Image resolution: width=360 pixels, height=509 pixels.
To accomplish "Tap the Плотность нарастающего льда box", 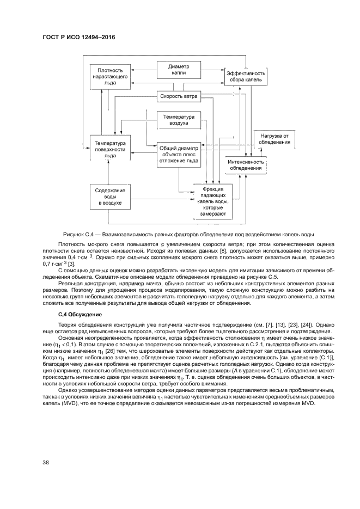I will coord(111,77).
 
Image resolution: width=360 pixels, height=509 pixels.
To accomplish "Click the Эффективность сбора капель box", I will coord(246,77).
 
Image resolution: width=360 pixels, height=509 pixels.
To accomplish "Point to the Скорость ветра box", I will coord(178,97).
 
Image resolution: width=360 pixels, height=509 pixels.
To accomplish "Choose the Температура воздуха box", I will coord(178,120).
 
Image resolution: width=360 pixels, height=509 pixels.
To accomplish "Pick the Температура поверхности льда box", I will coord(111,148).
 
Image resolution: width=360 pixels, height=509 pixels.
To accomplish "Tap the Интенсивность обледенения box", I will coord(246,165).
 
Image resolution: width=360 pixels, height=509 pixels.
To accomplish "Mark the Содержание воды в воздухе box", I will coord(111,197).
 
